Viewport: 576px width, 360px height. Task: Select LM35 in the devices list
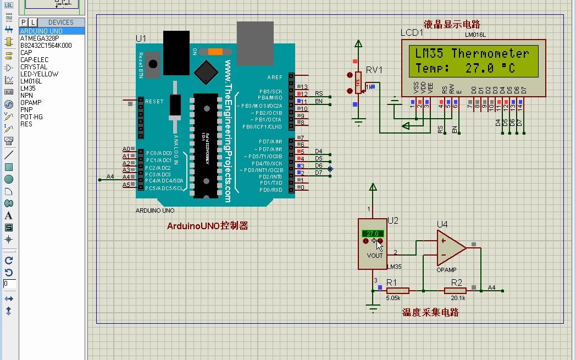(x=28, y=88)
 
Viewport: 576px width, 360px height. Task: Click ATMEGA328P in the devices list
(x=40, y=38)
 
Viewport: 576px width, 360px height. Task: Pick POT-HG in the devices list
(x=31, y=117)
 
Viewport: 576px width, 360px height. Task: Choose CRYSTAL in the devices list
(x=34, y=67)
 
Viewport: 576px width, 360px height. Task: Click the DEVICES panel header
(x=60, y=23)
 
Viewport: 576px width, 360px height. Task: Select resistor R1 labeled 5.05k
(x=397, y=290)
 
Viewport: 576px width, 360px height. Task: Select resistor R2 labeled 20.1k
(x=456, y=290)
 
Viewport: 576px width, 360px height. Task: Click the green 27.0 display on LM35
(x=372, y=234)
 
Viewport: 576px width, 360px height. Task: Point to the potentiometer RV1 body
(x=358, y=84)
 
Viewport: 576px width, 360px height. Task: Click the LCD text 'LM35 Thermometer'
(x=472, y=54)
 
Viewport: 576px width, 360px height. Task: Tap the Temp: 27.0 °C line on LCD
(x=465, y=69)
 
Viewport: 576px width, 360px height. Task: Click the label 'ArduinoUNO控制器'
(x=207, y=226)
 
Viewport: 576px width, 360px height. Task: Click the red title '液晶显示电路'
(x=452, y=25)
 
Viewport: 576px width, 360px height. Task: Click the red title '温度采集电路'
(x=430, y=313)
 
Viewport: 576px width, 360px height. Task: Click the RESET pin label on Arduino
(x=154, y=102)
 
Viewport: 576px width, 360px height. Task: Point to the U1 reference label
(x=141, y=38)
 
